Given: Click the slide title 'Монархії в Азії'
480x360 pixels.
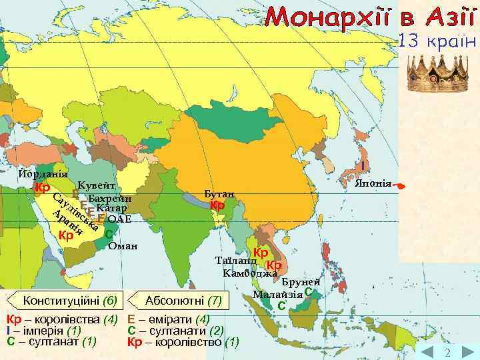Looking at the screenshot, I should pos(370,17).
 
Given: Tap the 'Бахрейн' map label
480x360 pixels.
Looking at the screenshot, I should pos(109,199).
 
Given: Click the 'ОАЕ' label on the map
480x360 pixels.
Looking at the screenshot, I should pos(119,219).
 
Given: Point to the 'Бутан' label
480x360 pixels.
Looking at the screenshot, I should pos(219,193).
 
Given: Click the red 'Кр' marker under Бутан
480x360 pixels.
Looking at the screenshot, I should pos(217,205).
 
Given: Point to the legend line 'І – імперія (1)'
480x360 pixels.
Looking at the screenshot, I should pos(43,331).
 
